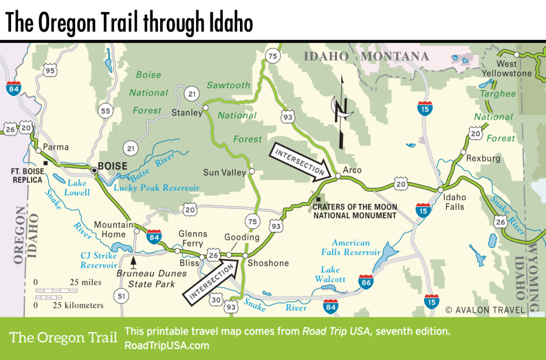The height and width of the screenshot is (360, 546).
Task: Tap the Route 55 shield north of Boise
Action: coord(106,111)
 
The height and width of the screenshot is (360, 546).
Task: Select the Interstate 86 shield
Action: coord(365,282)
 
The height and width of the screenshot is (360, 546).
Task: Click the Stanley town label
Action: coord(187,113)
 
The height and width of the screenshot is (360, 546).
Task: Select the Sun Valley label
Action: coord(224,172)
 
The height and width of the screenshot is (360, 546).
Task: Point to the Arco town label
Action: coord(352,170)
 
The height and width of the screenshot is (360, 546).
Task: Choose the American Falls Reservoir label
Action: coord(350,247)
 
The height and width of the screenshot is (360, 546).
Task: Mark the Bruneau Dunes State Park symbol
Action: coord(133,262)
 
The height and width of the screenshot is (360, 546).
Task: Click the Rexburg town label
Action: coord(483,158)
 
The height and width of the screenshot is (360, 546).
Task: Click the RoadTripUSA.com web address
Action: coord(166,345)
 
